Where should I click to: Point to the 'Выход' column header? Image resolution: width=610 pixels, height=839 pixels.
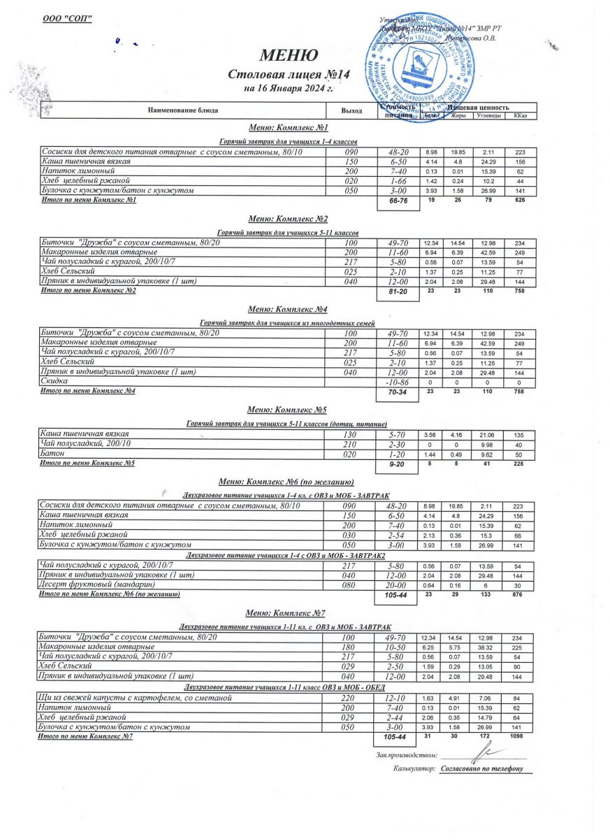(351, 110)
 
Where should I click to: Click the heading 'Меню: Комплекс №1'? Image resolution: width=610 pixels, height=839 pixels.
(288, 128)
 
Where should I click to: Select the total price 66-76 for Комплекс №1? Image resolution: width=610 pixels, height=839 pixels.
(398, 201)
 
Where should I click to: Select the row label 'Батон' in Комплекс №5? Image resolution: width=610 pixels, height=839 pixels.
(53, 454)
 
